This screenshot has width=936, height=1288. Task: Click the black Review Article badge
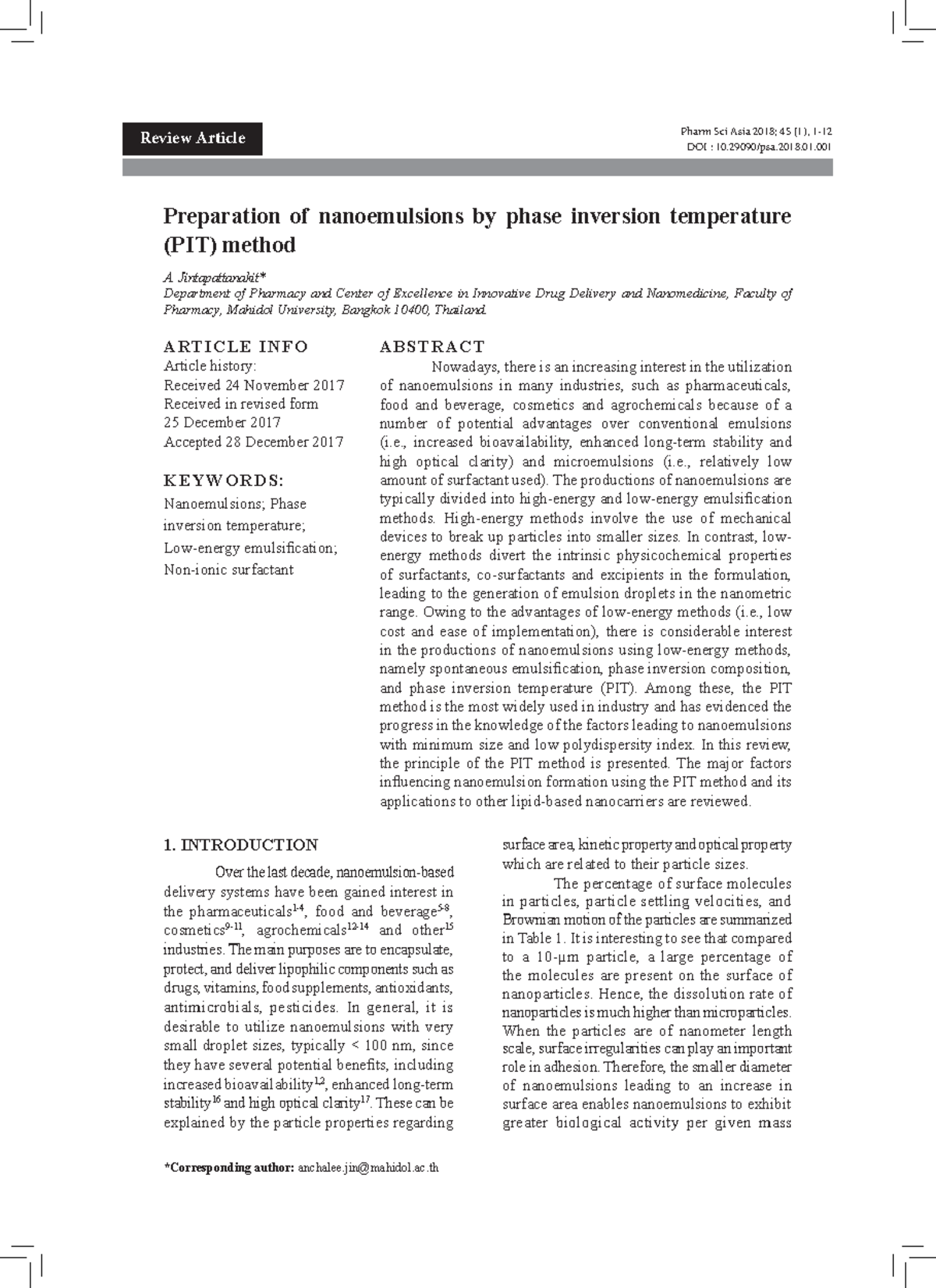(x=192, y=139)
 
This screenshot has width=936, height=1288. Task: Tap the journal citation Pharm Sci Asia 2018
(x=749, y=132)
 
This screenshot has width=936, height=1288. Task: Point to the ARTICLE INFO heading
(x=236, y=346)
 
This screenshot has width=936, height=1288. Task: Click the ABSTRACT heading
(x=432, y=346)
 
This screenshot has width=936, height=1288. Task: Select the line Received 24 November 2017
(x=253, y=385)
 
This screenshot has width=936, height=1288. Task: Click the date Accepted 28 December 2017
(x=253, y=442)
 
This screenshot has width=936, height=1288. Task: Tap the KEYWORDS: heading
(x=223, y=480)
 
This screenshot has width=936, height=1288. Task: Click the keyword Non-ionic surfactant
(x=229, y=569)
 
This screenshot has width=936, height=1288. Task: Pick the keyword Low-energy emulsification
(x=250, y=548)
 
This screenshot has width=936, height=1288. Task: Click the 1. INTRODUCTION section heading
(x=240, y=845)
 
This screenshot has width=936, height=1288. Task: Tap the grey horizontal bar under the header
(x=477, y=168)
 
